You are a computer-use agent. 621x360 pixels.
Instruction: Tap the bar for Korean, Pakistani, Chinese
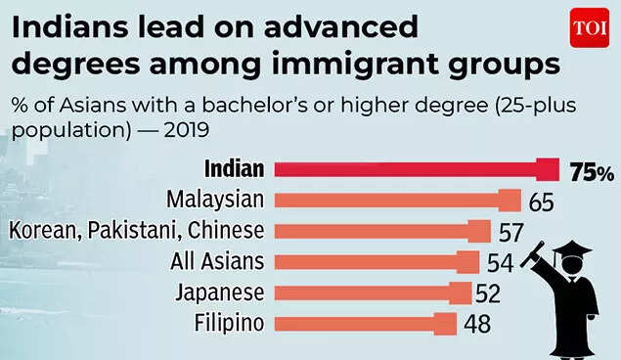[381, 231]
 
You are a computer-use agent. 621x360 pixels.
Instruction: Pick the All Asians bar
[376, 261]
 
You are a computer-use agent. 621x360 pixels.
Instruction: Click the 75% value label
[592, 171]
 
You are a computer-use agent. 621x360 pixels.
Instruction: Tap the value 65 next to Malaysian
[541, 202]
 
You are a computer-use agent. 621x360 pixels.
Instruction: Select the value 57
[510, 233]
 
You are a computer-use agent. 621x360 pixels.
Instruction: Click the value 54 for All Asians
[500, 263]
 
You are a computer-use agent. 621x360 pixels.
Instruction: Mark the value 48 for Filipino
[478, 324]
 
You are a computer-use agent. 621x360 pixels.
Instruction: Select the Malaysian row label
[215, 201]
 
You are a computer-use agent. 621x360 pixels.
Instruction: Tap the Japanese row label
[220, 292]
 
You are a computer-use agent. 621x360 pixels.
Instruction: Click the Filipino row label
[229, 323]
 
